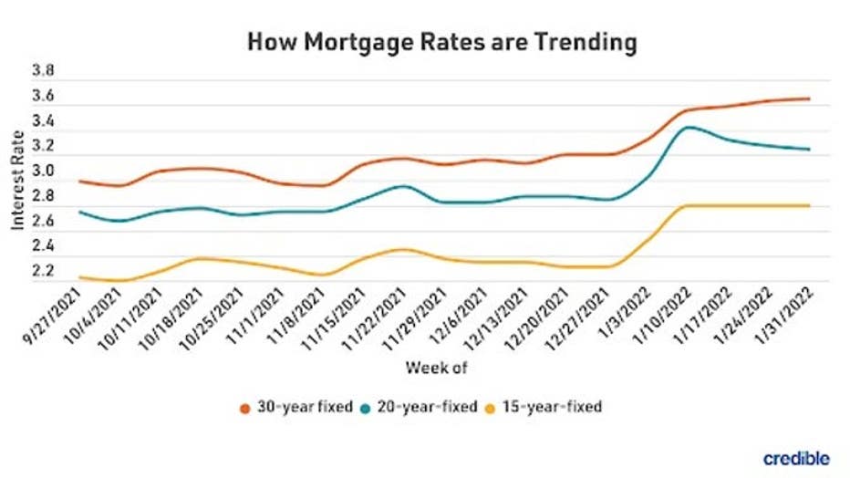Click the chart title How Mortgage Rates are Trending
pyautogui.click(x=441, y=43)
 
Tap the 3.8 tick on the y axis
pyautogui.click(x=44, y=71)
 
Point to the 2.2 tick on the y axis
pyautogui.click(x=44, y=272)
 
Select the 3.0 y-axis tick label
pyautogui.click(x=44, y=171)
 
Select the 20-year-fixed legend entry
pyautogui.click(x=420, y=407)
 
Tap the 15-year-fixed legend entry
pyautogui.click(x=546, y=407)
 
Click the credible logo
pyautogui.click(x=795, y=458)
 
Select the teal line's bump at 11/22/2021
pyautogui.click(x=404, y=186)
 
